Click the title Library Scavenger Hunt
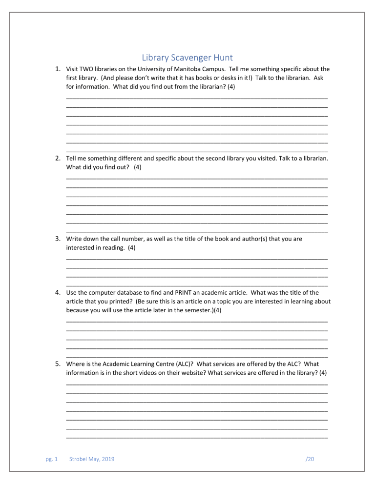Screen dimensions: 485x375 [187, 58]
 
